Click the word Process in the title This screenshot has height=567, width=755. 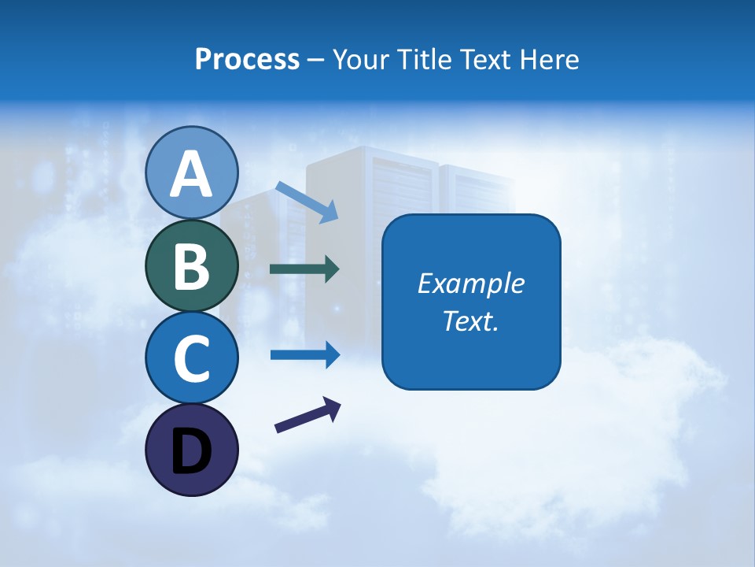coord(247,60)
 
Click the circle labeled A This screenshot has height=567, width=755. coord(192,172)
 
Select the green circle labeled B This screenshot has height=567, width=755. coord(192,265)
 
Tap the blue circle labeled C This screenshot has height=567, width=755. coord(192,358)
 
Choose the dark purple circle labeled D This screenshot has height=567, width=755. coord(192,450)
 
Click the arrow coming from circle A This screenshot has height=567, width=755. coord(308,202)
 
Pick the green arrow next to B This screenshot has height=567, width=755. coord(304,269)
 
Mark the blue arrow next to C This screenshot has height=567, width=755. coord(305,354)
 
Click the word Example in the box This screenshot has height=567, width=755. coord(471,283)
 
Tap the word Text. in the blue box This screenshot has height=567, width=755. coord(471,321)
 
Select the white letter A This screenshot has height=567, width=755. coord(192,174)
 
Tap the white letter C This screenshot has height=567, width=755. coord(192,358)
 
